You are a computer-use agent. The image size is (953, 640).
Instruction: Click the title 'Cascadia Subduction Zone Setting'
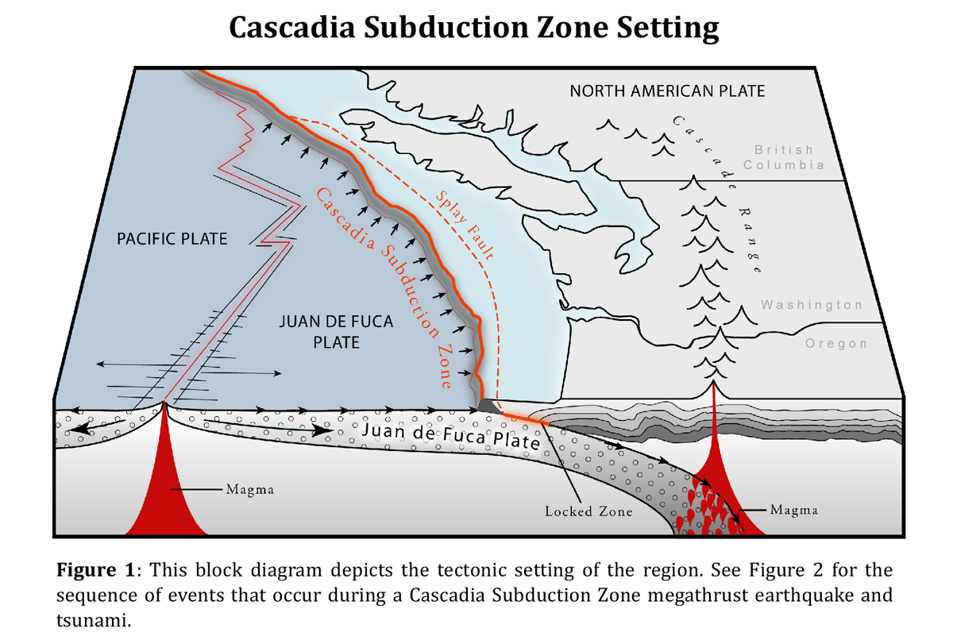[x=474, y=29]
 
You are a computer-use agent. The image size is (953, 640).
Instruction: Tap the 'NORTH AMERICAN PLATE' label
[x=667, y=91]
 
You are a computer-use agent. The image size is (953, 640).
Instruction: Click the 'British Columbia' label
[x=784, y=157]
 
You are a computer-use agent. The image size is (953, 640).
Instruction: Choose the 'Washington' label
[x=811, y=305]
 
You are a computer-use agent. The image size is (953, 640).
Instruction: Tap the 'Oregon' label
[x=835, y=344]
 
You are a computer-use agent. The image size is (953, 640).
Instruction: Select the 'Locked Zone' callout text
[x=588, y=511]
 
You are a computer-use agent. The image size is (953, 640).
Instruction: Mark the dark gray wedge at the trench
[x=485, y=406]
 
